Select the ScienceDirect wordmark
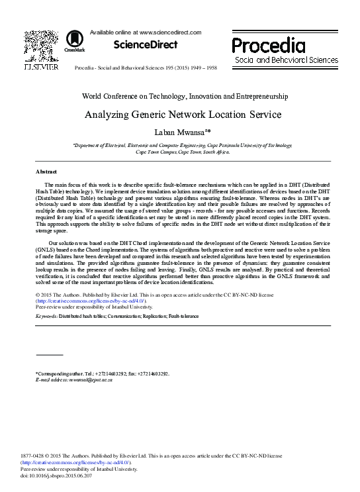click(x=146, y=45)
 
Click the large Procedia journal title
click(x=268, y=46)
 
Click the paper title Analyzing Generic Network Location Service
click(x=183, y=115)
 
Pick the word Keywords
click(x=46, y=317)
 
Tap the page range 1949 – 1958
click(x=208, y=68)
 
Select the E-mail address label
click(x=54, y=380)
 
